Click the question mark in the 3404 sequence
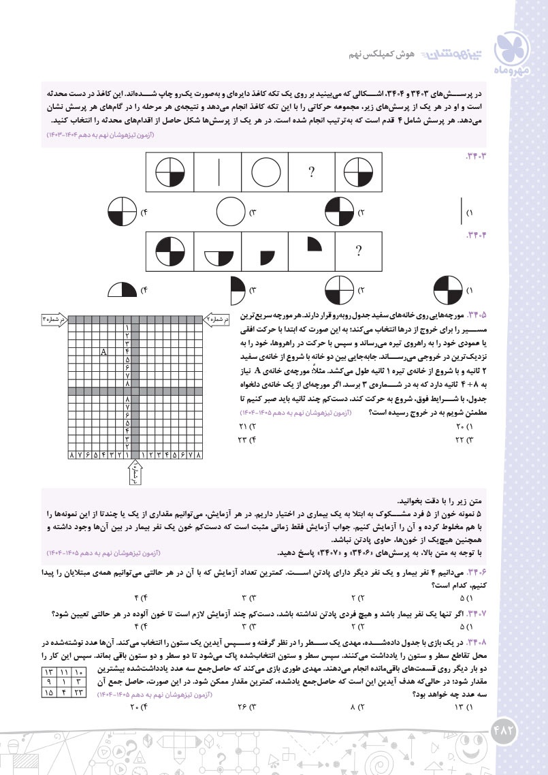click(x=358, y=251)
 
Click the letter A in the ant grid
click(x=104, y=351)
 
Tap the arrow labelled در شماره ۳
click(x=55, y=318)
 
